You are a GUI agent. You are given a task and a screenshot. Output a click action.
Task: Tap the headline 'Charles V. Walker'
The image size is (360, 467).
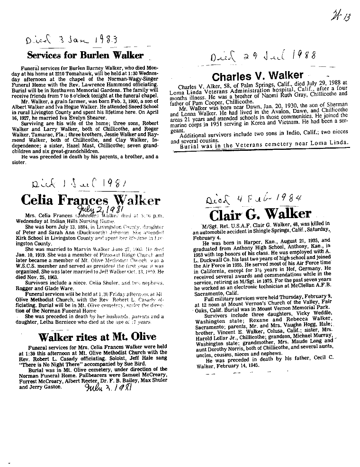(x=257, y=76)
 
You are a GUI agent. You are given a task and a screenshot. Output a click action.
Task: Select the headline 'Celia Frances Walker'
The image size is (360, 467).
(x=90, y=200)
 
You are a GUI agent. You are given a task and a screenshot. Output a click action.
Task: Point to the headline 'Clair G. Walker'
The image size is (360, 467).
(x=260, y=214)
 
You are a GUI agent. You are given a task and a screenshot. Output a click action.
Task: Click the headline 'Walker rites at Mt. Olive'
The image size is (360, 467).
(x=97, y=338)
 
